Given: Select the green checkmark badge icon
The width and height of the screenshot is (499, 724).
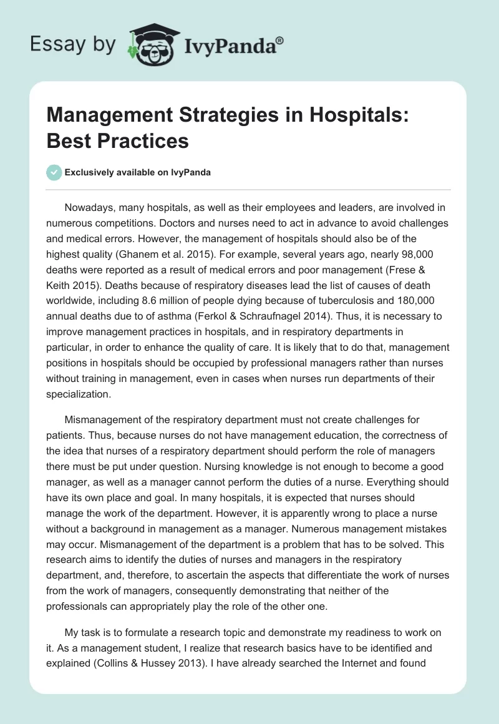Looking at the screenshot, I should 54,172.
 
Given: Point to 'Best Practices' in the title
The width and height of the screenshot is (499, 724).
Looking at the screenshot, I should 117,140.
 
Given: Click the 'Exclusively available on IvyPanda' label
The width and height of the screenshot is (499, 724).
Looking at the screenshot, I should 138,173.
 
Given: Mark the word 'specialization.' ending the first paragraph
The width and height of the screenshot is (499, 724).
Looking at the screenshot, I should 79,394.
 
